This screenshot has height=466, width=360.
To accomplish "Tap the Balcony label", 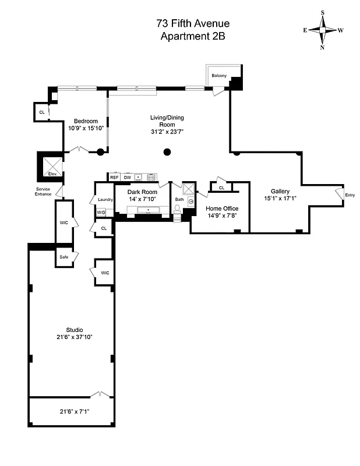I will (219, 76).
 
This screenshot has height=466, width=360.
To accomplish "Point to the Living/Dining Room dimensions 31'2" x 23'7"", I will (167, 132).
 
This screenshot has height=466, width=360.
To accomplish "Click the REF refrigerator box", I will (114, 177).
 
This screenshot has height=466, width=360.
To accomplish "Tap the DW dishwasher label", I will (127, 177).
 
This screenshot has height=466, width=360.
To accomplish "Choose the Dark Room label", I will (143, 192).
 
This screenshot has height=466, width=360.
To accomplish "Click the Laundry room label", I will (105, 200).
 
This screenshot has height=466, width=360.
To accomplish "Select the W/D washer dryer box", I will (101, 213).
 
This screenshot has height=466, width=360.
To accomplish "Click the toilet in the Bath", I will (178, 209).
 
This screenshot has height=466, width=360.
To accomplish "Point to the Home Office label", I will (221, 208).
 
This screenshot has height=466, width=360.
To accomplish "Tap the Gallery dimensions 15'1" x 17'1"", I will (280, 198).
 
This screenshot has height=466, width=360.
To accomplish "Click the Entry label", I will (350, 195).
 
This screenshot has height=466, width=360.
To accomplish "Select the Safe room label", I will (64, 257).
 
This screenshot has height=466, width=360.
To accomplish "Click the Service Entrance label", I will (44, 192).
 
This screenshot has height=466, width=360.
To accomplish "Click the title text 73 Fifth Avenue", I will (193, 23).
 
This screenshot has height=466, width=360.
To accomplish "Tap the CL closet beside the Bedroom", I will (41, 112).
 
